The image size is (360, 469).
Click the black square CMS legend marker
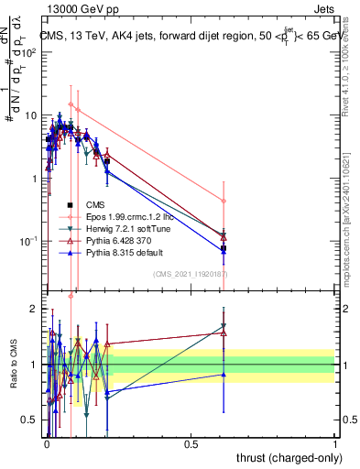[71, 204]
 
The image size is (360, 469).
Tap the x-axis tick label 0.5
[191, 442]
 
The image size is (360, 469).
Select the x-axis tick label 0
[47, 442]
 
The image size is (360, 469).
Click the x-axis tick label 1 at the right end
[335, 442]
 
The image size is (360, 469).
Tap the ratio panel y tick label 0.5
[29, 420]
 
